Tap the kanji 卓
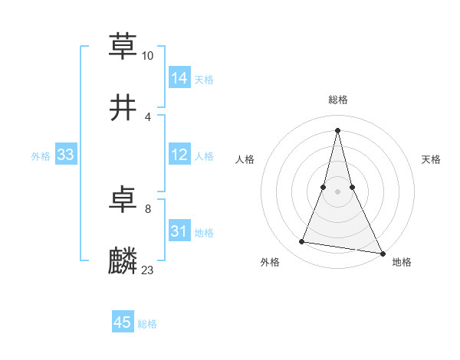point(123,200)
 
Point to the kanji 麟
point(123,261)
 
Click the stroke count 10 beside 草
point(148,56)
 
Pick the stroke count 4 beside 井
point(148,116)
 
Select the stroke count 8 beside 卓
point(148,209)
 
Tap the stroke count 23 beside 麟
point(148,270)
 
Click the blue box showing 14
point(179,77)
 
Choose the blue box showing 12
point(179,154)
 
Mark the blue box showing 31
point(179,231)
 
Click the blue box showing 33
point(66,154)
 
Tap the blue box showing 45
point(123,322)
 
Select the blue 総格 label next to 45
point(147,325)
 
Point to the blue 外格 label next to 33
point(41,156)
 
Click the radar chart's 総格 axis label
point(338,100)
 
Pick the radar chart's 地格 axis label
point(402,263)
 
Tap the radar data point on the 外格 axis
point(301,242)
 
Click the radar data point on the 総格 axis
point(338,129)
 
